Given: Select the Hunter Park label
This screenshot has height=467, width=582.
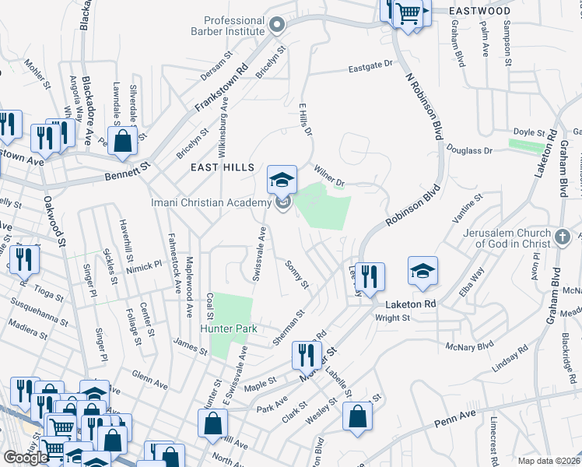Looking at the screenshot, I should tap(229, 329).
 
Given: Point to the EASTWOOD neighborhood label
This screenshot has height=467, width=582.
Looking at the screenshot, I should tap(480, 12).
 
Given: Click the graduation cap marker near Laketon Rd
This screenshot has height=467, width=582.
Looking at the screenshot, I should tap(422, 272).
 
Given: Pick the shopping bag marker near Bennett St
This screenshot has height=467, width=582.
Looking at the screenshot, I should tap(123, 142).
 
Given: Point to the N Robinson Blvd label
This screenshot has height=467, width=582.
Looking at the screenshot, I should tap(419, 106).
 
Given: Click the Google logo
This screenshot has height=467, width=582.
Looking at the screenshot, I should tap(26, 458).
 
